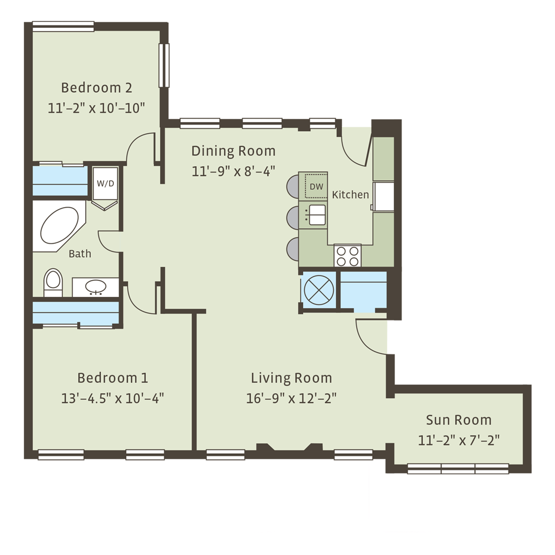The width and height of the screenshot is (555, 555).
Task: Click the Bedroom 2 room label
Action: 97,88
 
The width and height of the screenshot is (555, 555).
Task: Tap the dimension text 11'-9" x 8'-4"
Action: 233,172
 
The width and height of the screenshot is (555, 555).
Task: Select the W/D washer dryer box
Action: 105,184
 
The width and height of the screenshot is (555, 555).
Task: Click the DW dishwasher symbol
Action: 316,186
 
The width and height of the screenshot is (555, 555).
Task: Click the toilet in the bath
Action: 53,282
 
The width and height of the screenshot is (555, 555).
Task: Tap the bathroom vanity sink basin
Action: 96,287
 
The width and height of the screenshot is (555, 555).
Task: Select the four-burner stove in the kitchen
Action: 347,256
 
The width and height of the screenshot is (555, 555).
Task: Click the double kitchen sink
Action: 317,215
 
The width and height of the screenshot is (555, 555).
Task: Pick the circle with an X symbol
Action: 319,290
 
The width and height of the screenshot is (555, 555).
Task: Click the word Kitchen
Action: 350,195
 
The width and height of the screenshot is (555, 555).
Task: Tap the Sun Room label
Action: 458,420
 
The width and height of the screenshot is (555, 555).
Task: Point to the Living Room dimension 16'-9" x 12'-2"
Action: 291,399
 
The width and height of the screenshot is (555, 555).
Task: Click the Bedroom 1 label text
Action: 112,378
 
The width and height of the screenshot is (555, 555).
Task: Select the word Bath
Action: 80,254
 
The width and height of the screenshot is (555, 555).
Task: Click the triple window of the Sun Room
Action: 458,469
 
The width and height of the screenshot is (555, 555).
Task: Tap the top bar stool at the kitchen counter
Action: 293,186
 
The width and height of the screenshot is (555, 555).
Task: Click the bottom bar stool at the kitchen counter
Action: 293,249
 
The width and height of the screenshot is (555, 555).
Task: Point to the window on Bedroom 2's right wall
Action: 164,65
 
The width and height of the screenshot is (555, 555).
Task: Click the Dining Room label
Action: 233,151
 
